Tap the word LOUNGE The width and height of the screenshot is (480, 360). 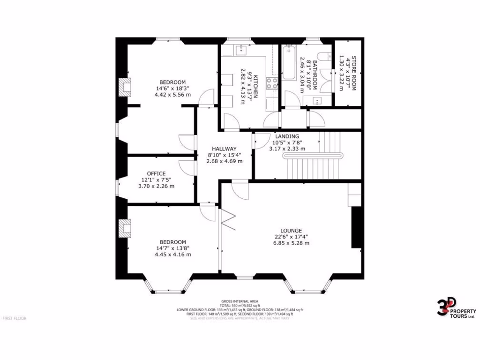pos(291,231)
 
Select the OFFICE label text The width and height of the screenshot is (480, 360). pos(156,173)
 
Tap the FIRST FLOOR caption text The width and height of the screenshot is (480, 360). pos(15,318)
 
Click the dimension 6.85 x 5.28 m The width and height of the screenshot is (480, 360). pos(291,243)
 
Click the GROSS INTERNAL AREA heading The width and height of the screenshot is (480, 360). pos(240,301)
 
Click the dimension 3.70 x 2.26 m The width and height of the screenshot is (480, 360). pos(156,186)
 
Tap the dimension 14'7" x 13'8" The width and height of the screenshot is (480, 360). pos(172,248)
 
